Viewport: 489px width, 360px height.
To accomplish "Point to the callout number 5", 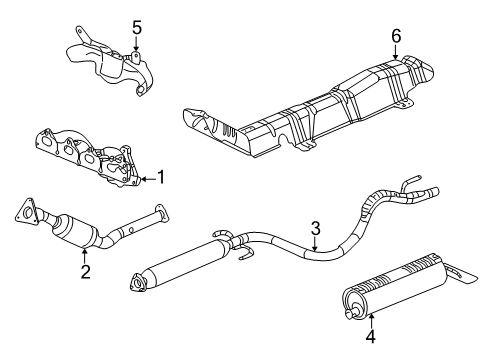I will click(137, 27).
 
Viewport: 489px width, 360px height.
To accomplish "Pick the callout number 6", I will click(395, 37).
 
